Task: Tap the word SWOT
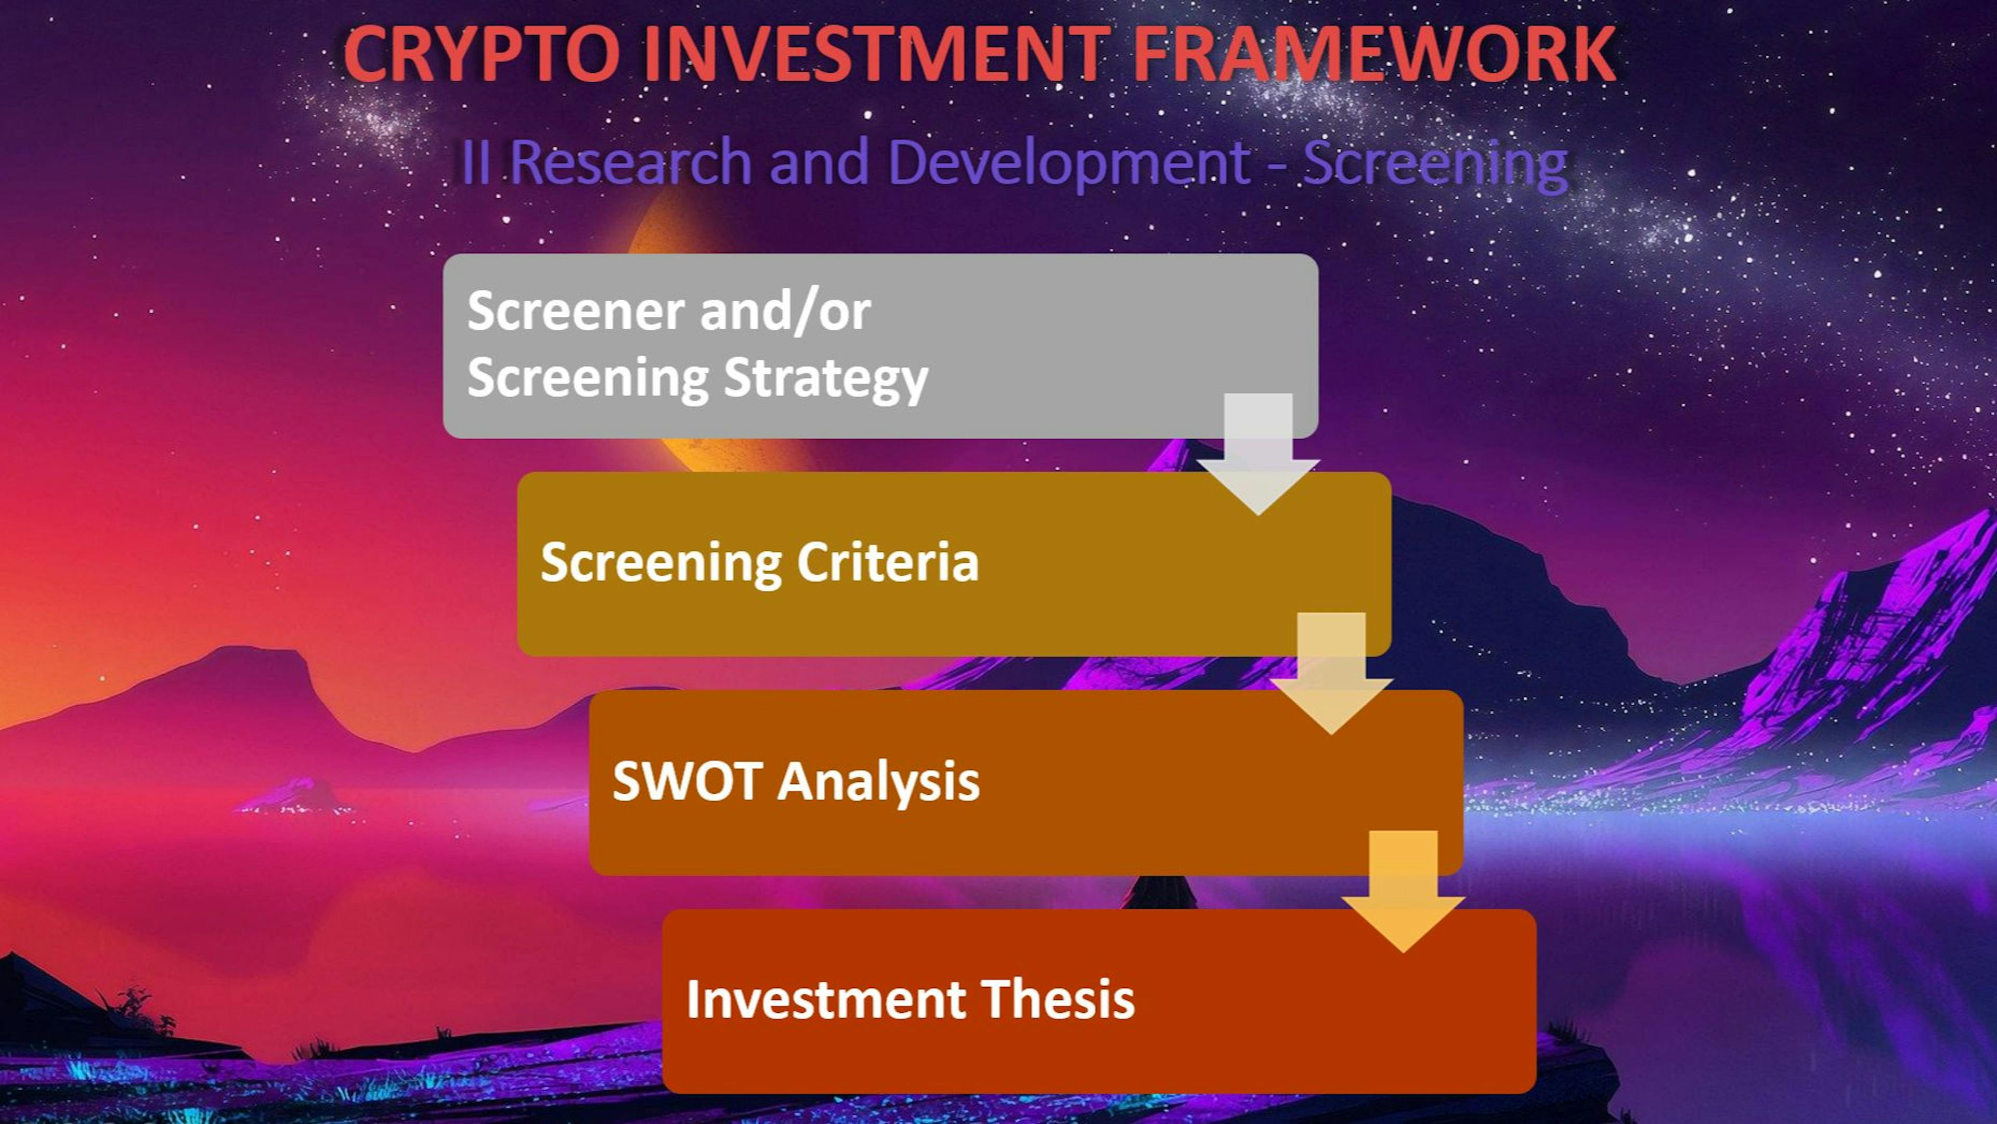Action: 685,781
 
